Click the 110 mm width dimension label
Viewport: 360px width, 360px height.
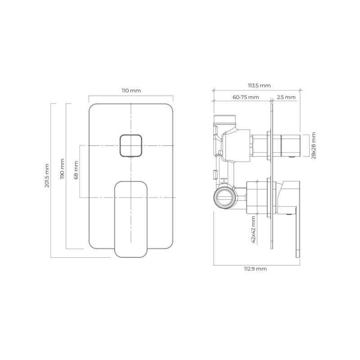click(x=131, y=91)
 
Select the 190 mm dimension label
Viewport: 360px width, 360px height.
click(x=62, y=169)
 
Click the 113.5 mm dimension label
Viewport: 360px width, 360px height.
click(x=259, y=85)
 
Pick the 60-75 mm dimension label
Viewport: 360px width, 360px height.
click(x=246, y=97)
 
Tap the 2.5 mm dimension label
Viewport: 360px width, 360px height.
click(x=286, y=97)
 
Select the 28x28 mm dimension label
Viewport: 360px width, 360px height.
click(x=314, y=145)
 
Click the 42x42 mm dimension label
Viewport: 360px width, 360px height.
click(x=253, y=229)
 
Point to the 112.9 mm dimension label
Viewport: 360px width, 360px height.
click(x=255, y=269)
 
